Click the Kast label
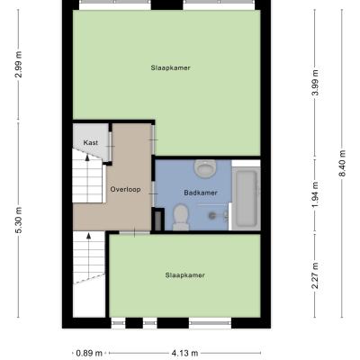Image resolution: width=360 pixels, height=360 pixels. tap(90, 143)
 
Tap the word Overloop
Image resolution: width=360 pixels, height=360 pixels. tap(125, 190)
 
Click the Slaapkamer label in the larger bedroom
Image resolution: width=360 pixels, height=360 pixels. tap(170, 67)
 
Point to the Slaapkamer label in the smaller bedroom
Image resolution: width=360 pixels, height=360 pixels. tap(184, 275)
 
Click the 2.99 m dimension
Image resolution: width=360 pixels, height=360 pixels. tap(19, 65)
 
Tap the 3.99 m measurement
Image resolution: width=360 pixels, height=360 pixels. tap(315, 83)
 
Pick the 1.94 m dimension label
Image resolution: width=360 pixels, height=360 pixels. tap(315, 195)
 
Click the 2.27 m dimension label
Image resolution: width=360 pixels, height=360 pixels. tap(315, 275)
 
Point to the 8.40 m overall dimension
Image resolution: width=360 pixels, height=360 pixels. tap(342, 164)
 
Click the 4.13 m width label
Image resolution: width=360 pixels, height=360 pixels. tap(184, 353)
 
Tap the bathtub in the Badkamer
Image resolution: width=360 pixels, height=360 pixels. tap(247, 198)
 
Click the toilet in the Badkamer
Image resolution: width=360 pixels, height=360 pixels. tap(181, 217)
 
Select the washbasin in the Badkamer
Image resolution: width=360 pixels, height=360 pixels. tap(205, 168)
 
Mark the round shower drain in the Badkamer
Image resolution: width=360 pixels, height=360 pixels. tap(212, 214)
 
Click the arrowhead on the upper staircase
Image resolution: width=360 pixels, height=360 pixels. tap(87, 157)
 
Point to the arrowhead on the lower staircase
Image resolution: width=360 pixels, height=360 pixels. tap(89, 236)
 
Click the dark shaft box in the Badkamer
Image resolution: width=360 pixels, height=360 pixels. tap(157, 220)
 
